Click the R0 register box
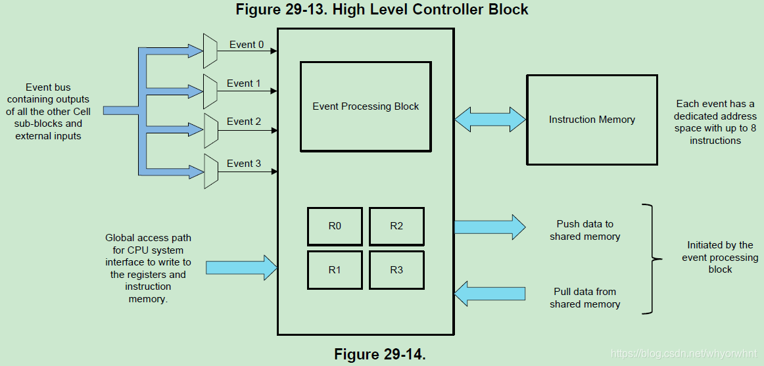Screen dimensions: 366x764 pyautogui.click(x=335, y=226)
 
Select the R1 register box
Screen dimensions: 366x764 pyautogui.click(x=335, y=269)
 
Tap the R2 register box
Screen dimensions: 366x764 pyautogui.click(x=396, y=226)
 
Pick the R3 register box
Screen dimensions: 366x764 pyautogui.click(x=396, y=269)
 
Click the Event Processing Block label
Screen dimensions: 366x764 pyautogui.click(x=366, y=106)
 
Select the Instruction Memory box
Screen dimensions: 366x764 pyautogui.click(x=592, y=120)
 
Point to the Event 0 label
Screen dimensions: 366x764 pyautogui.click(x=247, y=45)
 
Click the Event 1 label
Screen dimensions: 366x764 pyautogui.click(x=244, y=83)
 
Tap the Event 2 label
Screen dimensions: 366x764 pyautogui.click(x=244, y=122)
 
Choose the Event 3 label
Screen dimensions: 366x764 pyautogui.click(x=244, y=163)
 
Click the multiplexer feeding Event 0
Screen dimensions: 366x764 pyautogui.click(x=210, y=51)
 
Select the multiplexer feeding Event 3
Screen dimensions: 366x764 pyautogui.click(x=210, y=171)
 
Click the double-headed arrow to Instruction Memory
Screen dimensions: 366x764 pyautogui.click(x=490, y=120)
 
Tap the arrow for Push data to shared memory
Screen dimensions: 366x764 pyautogui.click(x=490, y=227)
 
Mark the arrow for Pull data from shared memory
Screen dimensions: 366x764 pyautogui.click(x=490, y=293)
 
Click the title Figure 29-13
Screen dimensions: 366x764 pyautogui.click(x=382, y=9)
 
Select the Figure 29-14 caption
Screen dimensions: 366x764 pyautogui.click(x=380, y=354)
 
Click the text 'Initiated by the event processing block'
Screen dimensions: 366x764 pyautogui.click(x=720, y=257)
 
